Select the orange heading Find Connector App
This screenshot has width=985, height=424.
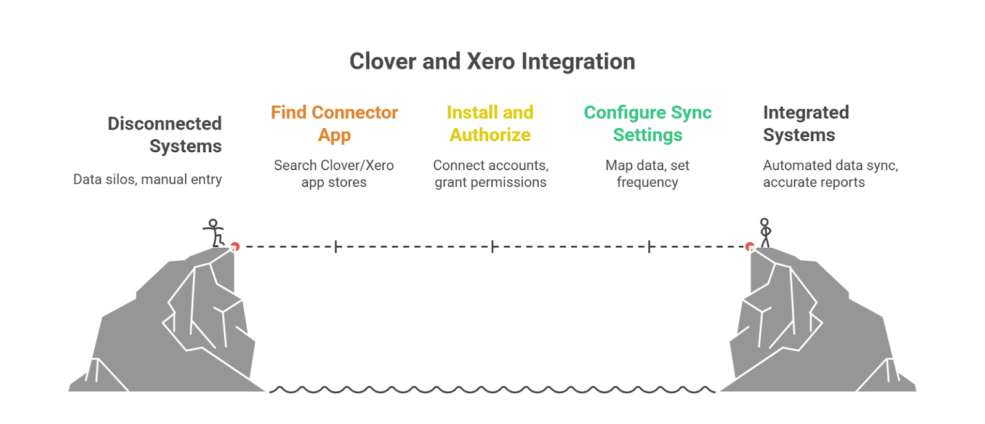coord(334,123)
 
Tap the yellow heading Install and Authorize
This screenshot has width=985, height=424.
coord(490,123)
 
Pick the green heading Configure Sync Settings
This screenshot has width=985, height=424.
coord(648,123)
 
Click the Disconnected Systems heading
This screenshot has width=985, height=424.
coord(165,134)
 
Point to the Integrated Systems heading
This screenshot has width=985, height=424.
coord(805,123)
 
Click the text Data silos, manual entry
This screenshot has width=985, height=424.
coord(148,179)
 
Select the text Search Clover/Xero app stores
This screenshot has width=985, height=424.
coord(334,174)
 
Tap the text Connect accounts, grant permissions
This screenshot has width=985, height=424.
coord(491,174)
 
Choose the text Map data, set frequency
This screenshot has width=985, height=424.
coord(648,174)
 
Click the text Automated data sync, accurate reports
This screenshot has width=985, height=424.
coord(830,174)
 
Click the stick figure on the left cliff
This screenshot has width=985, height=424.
coord(214,233)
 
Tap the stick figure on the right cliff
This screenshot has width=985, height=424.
coord(765,232)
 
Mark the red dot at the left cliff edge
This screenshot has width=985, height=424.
coord(234,247)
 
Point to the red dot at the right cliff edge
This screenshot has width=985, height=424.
coord(750,247)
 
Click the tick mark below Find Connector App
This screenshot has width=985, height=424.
coord(336,247)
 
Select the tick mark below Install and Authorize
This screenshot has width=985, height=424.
coord(492,247)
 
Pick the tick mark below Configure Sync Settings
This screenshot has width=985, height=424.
coord(649,247)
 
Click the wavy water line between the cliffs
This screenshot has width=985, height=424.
coord(492,389)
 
